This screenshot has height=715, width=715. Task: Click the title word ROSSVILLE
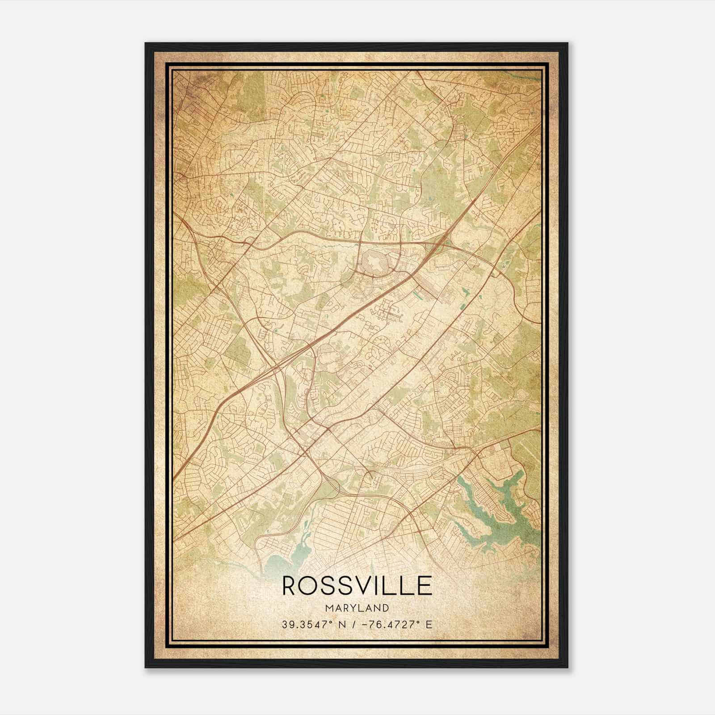pos(357,586)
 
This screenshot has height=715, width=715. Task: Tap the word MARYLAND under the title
pos(357,608)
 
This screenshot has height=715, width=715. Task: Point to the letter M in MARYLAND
pos(329,608)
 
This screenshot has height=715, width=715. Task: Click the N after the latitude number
pos(344,625)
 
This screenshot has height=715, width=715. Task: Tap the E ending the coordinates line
pos(429,625)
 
